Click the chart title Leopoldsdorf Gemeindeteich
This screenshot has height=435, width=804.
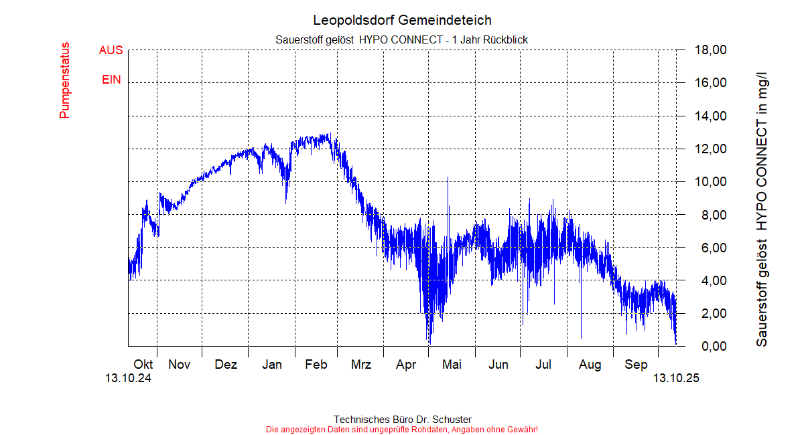402,20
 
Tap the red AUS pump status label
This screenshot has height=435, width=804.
111,50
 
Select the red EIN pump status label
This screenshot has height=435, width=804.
111,80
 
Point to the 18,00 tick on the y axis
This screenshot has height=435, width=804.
711,50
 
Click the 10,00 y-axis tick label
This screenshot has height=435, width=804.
711,182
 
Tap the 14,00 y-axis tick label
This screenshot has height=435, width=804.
711,116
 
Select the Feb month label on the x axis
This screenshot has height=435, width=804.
316,365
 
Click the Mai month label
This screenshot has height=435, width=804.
452,365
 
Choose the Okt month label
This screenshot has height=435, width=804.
143,365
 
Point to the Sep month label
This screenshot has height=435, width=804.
636,365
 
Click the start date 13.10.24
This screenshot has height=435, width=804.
128,378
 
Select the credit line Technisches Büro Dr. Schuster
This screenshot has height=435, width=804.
402,420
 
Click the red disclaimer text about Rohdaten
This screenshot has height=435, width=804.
402,429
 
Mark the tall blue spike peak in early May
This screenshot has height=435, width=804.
448,178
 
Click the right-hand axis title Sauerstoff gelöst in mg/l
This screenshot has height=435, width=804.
762,201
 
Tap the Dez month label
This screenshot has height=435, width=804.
226,365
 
